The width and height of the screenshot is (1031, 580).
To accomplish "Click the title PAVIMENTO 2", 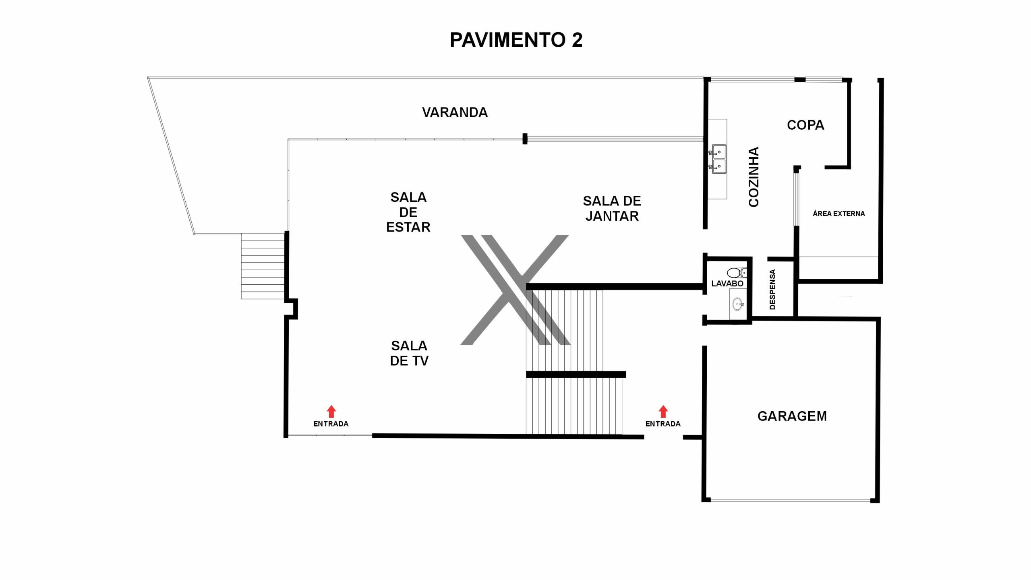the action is (516, 40).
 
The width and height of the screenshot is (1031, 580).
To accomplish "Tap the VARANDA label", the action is (455, 112).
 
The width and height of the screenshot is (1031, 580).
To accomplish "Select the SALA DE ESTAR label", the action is (408, 212).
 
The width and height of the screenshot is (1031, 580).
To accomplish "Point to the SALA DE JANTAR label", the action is (612, 209).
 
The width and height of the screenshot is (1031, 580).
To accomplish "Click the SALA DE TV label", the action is (409, 353).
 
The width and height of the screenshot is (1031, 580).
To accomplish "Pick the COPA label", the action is (805, 125).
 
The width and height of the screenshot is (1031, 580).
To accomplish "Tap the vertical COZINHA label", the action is (754, 177).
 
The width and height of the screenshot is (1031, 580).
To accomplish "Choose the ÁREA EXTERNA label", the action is (838, 213).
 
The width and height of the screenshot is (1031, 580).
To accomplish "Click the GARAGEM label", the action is (792, 416).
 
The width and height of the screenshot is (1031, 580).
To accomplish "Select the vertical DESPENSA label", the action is (772, 289).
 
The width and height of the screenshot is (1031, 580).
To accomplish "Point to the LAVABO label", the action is (727, 284).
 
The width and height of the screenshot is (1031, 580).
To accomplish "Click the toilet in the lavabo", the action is (737, 273).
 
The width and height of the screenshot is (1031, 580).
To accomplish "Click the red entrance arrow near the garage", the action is (663, 411).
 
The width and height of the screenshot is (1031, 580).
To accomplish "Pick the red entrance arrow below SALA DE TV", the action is (331, 411).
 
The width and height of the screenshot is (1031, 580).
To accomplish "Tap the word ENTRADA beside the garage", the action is (663, 424).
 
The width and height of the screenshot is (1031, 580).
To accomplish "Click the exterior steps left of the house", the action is (263, 266).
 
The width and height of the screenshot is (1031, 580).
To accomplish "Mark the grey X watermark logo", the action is (515, 290).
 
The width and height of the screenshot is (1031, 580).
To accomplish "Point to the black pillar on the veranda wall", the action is (525, 139).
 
